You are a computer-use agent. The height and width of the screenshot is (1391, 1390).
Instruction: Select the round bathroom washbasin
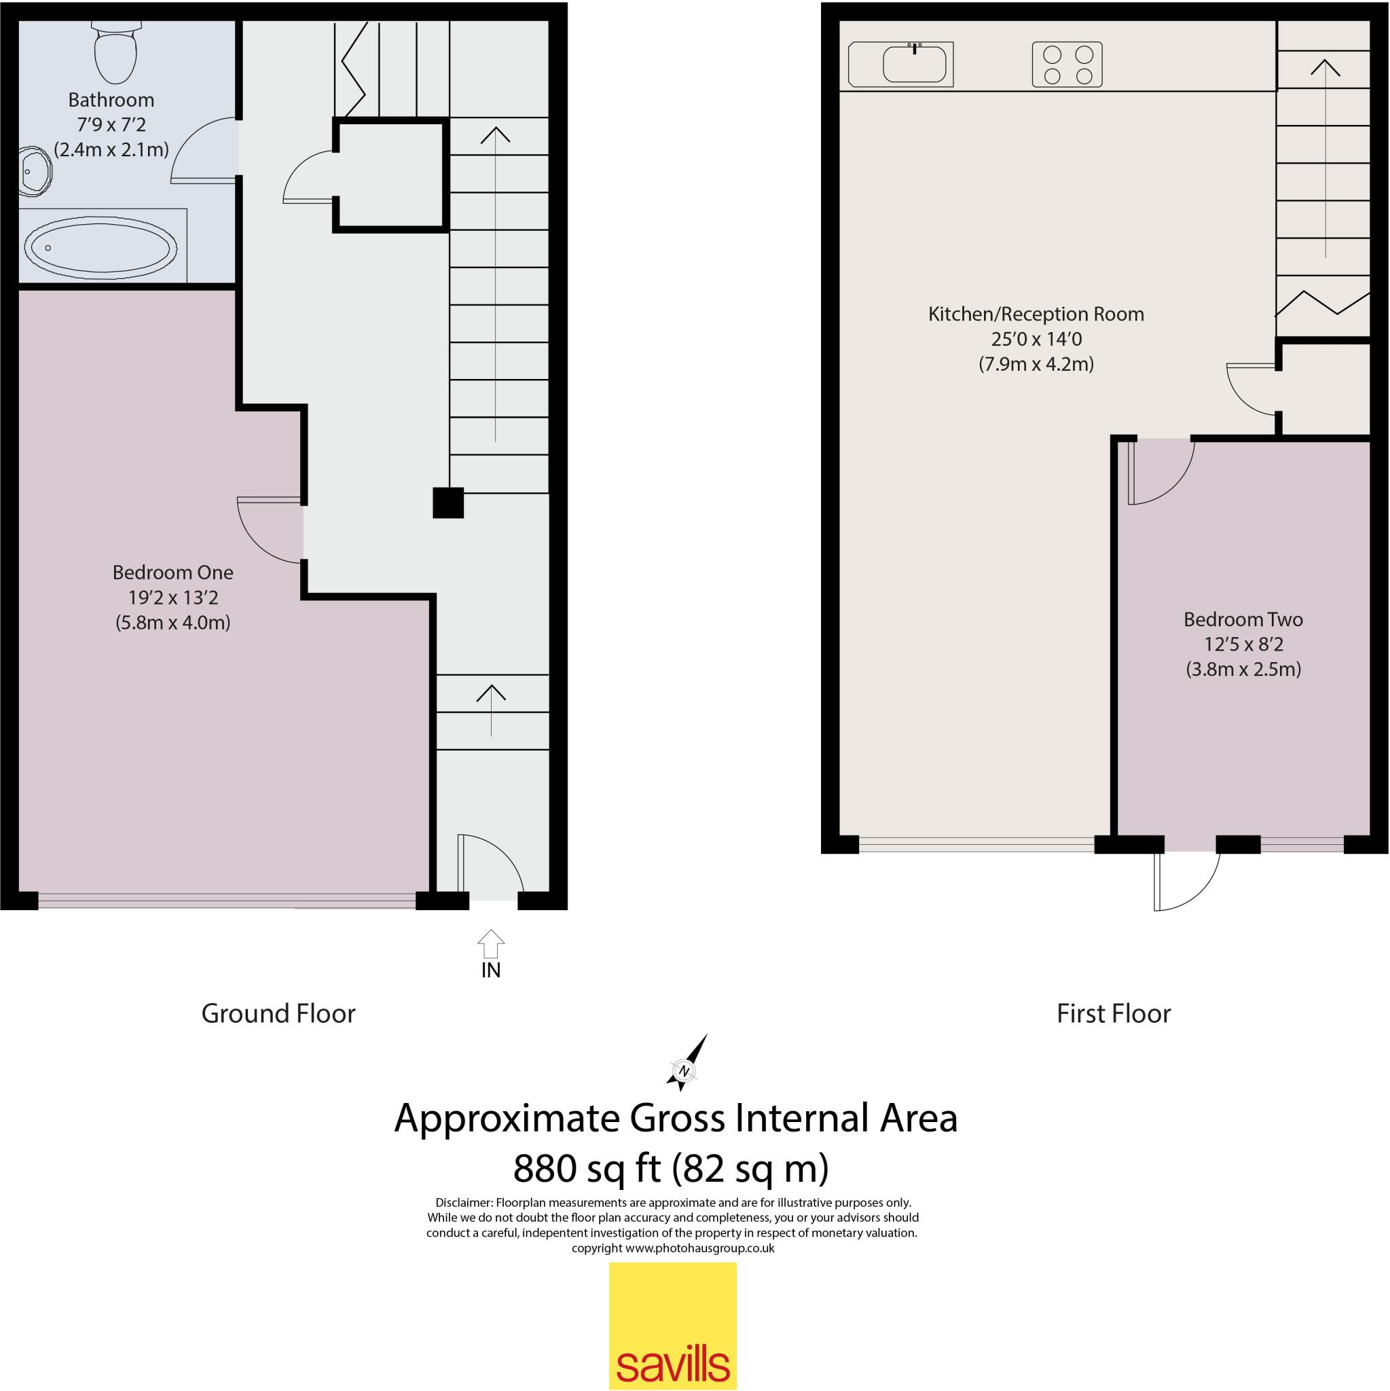point(33,171)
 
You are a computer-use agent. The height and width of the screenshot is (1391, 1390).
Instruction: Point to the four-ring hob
point(1067,65)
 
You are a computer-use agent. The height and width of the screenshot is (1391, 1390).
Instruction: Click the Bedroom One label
point(172,573)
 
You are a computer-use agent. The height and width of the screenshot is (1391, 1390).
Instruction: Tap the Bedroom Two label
point(1243,619)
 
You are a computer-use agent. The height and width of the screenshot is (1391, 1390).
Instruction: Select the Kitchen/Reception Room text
point(1036,314)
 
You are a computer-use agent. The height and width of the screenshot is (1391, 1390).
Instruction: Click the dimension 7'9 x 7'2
point(111,124)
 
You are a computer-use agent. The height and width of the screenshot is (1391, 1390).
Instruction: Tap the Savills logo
point(672,1327)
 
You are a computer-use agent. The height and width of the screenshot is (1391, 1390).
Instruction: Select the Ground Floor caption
point(278,1014)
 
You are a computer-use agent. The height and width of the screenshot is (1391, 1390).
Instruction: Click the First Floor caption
point(1114,1014)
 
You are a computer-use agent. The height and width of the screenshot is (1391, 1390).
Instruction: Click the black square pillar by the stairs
point(447,503)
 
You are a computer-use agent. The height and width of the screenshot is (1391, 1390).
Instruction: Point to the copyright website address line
point(673,1248)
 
